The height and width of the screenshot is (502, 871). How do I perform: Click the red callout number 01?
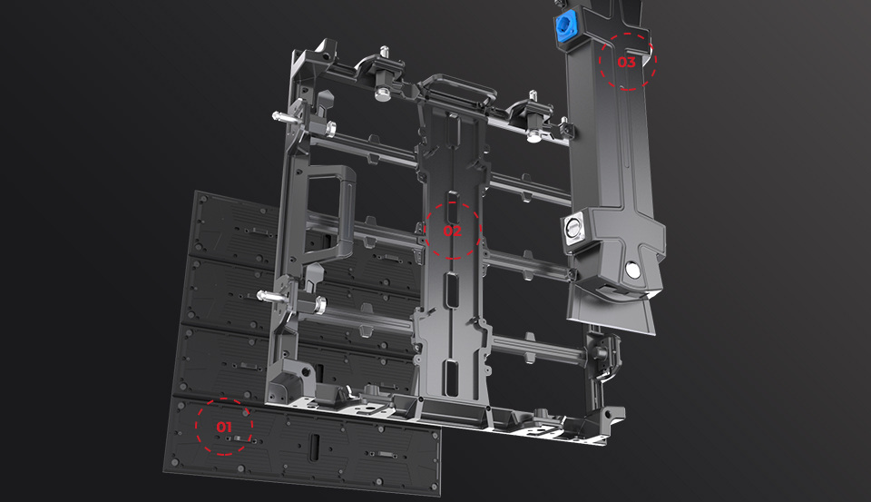pos(224,427)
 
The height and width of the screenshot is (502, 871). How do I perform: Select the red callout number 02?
pos(452,231)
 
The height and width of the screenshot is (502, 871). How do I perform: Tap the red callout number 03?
pos(626,62)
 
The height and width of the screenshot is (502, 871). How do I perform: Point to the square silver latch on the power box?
pos(573,229)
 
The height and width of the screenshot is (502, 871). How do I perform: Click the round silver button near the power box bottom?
pos(632,270)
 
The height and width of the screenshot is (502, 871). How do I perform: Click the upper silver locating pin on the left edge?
pos(285,117)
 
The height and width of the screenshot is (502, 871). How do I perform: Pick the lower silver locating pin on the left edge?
pos(272,296)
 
